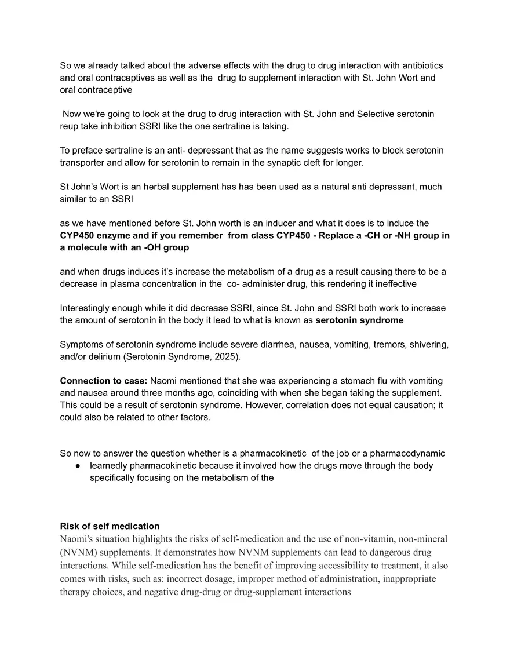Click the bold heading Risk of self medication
pos(110,526)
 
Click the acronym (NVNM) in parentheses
pos(78,552)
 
